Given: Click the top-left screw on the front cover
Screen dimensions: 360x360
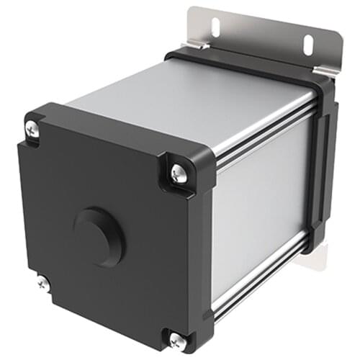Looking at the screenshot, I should (x=32, y=130).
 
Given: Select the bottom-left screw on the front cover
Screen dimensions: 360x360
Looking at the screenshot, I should (x=42, y=283).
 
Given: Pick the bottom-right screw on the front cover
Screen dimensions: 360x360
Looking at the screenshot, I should (x=177, y=338).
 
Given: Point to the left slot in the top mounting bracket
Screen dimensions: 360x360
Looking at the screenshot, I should (x=215, y=27).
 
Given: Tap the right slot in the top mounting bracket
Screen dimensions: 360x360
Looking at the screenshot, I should (x=308, y=45).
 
